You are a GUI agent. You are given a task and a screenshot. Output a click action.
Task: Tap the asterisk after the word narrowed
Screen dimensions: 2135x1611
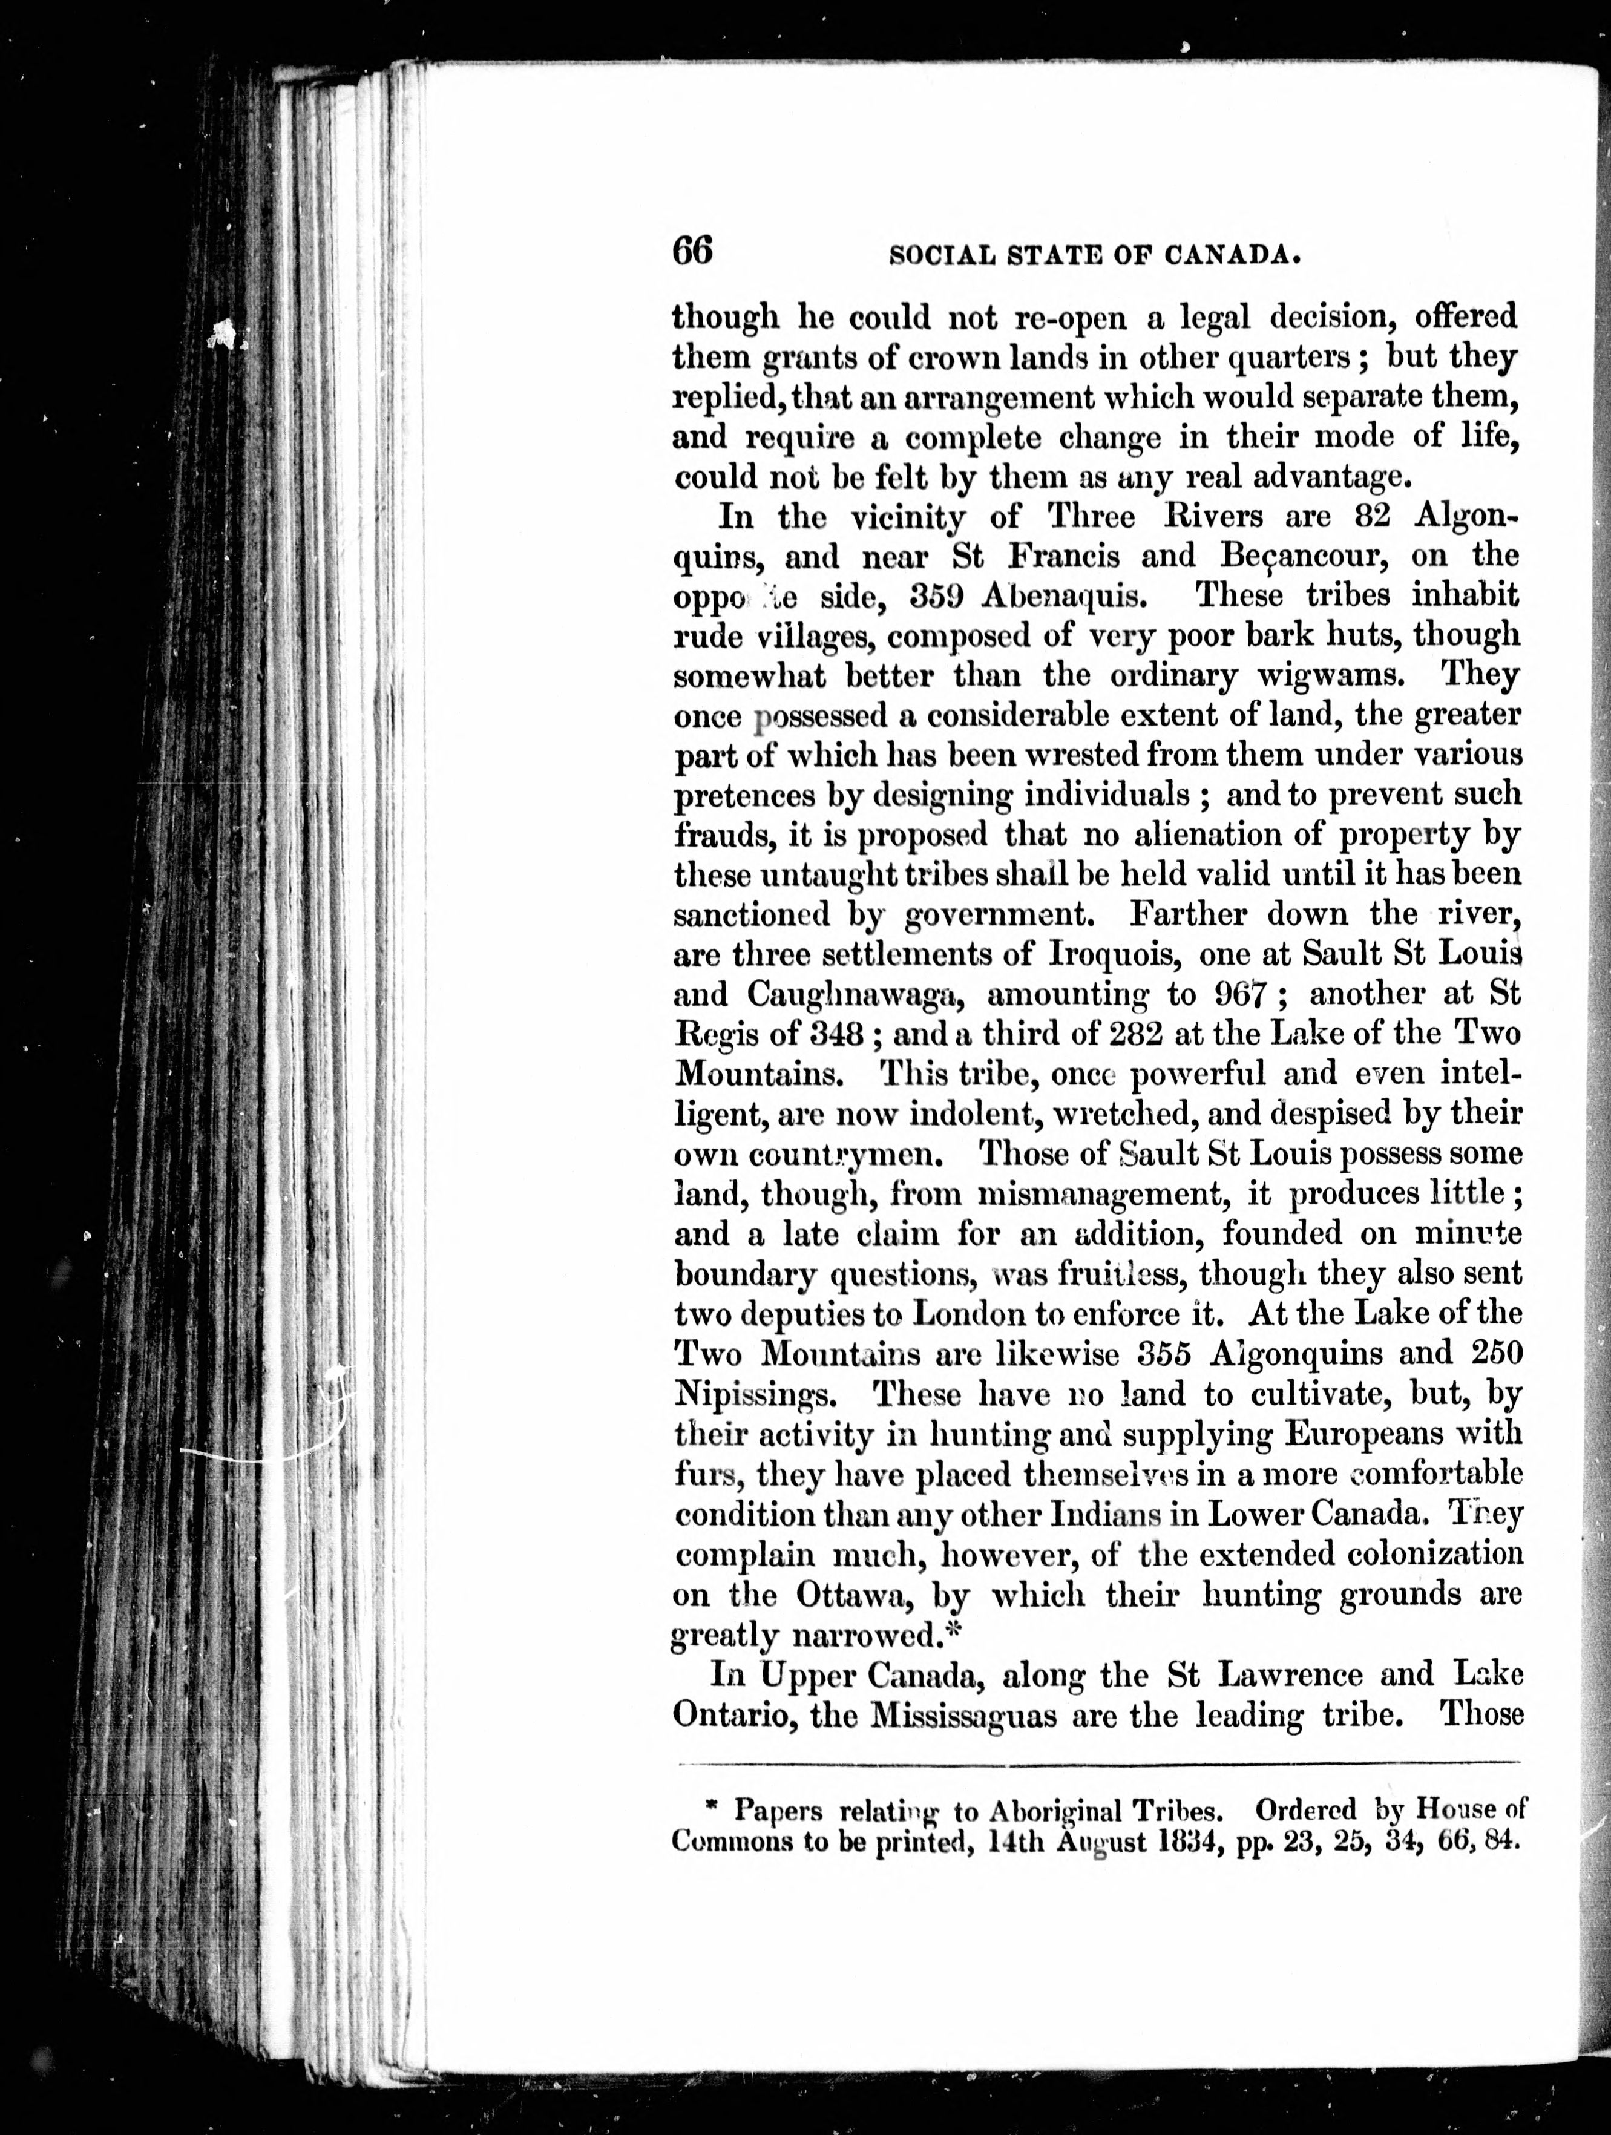pos(946,1631)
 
